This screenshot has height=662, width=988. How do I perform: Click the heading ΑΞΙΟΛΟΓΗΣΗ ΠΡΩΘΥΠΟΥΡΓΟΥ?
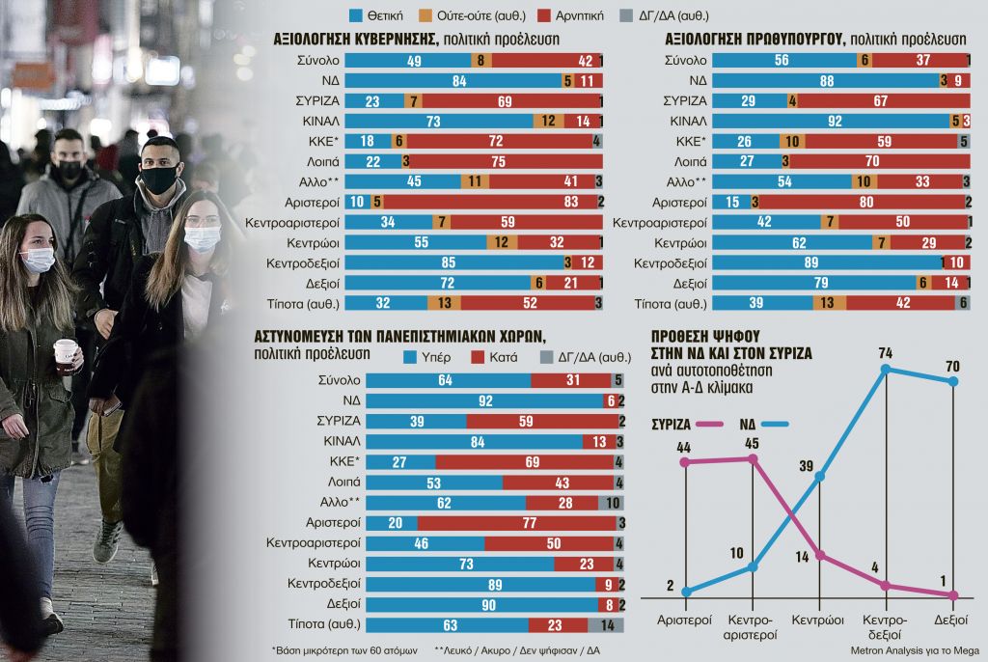click(754, 40)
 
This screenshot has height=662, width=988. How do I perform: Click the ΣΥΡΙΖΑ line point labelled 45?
click(752, 458)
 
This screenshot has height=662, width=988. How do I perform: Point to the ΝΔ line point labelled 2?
click(685, 592)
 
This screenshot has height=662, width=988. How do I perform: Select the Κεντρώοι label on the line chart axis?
click(818, 620)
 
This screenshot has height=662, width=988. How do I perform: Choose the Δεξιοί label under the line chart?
click(953, 620)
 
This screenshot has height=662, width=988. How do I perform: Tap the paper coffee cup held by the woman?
click(66, 355)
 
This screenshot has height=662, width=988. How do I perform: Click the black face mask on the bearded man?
click(158, 179)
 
